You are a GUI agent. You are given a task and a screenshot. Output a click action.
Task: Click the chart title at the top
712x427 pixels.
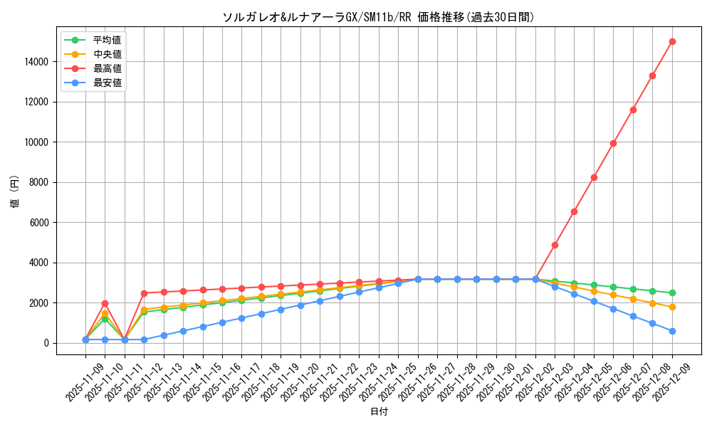378,17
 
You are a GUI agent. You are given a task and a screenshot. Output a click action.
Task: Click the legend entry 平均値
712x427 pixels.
107,40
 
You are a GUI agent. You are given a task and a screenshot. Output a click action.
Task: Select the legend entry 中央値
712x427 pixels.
107,54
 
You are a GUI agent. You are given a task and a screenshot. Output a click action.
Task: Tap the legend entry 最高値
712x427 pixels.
107,68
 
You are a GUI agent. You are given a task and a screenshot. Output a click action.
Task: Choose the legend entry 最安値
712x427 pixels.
107,83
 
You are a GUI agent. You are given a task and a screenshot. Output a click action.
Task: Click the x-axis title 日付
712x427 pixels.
379,412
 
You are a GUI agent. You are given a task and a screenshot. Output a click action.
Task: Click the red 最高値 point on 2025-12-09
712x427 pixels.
672,41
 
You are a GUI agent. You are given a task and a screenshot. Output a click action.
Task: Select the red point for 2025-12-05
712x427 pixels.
594,177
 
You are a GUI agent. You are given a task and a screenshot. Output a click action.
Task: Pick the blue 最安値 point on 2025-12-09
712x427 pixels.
672,331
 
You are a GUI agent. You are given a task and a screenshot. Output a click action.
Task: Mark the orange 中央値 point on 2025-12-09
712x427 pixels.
672,307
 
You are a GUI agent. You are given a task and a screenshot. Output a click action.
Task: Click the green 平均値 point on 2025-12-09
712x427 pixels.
672,292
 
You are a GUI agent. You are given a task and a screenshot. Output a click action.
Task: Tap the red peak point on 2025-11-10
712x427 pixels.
105,303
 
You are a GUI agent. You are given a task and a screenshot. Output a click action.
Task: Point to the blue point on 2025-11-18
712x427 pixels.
261,314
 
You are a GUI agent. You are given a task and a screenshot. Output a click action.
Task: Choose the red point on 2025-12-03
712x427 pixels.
555,245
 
